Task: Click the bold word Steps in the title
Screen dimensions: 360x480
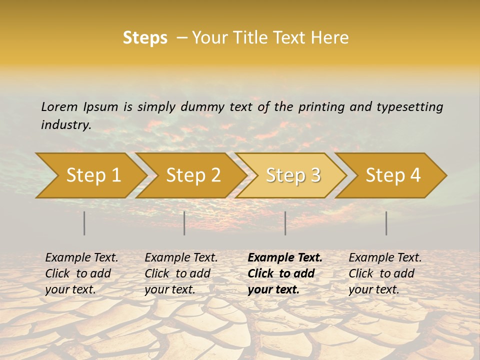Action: pyautogui.click(x=145, y=38)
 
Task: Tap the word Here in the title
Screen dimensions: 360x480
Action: pyautogui.click(x=328, y=38)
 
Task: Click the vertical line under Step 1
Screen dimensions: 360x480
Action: pyautogui.click(x=84, y=223)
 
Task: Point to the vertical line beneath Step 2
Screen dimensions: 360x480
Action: pyautogui.click(x=184, y=223)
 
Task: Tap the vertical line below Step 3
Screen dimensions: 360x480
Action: pyautogui.click(x=285, y=223)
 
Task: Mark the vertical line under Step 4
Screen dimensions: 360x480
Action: pyautogui.click(x=386, y=223)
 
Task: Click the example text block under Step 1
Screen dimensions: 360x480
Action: pyautogui.click(x=81, y=273)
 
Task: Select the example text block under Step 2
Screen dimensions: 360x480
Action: pyautogui.click(x=181, y=273)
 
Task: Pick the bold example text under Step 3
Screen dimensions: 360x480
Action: pyautogui.click(x=285, y=273)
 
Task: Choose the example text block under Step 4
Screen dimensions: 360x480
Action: pyautogui.click(x=385, y=273)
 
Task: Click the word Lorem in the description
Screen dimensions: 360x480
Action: pyautogui.click(x=59, y=106)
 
